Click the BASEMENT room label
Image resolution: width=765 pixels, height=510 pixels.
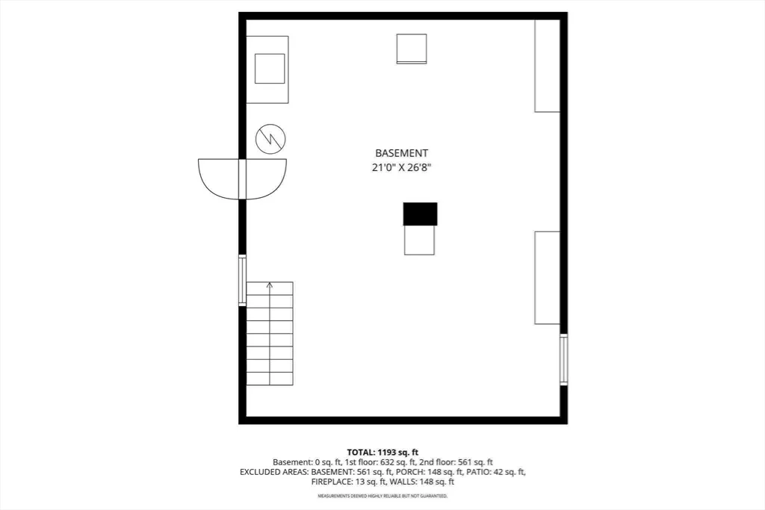401,153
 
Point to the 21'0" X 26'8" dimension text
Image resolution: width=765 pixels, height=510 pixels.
401,168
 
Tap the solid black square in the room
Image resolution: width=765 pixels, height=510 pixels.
420,214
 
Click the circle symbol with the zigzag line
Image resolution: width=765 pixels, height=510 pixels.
270,139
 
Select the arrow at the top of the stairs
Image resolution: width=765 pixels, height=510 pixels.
269,285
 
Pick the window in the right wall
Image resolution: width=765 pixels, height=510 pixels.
563,359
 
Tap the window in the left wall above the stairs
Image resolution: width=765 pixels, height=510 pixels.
242,280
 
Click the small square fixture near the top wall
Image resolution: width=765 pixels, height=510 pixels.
412,49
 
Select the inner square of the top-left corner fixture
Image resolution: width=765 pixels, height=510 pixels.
270,69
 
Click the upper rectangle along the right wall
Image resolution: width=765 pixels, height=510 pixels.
548,66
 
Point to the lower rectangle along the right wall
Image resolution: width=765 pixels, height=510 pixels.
548,278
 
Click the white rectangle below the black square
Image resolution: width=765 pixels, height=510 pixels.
419,240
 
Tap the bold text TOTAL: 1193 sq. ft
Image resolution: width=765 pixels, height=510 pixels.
382,453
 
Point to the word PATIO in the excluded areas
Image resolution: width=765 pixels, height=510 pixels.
479,472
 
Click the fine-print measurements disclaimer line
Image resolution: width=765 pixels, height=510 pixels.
382,496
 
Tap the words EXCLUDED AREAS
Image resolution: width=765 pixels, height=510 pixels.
273,472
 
